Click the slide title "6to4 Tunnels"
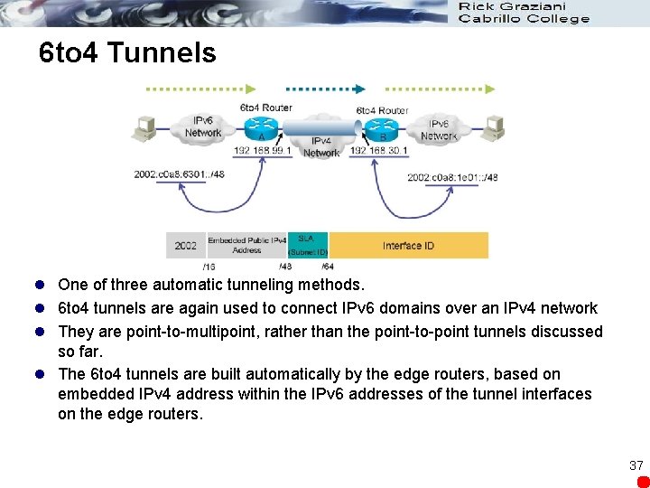(x=128, y=52)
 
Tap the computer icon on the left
(x=145, y=130)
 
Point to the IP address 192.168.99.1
(x=263, y=150)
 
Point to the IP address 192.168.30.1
(x=379, y=150)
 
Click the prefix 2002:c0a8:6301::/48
(x=180, y=174)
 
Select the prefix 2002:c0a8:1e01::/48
(x=451, y=177)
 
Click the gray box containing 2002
(x=186, y=245)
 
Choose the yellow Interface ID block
(x=408, y=245)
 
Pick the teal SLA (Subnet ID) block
(x=308, y=245)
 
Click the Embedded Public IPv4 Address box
(x=246, y=245)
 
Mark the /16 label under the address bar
(x=209, y=267)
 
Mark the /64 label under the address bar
(x=327, y=267)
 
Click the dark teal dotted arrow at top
(x=325, y=89)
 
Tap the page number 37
(x=636, y=465)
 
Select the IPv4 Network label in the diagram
(x=320, y=147)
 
